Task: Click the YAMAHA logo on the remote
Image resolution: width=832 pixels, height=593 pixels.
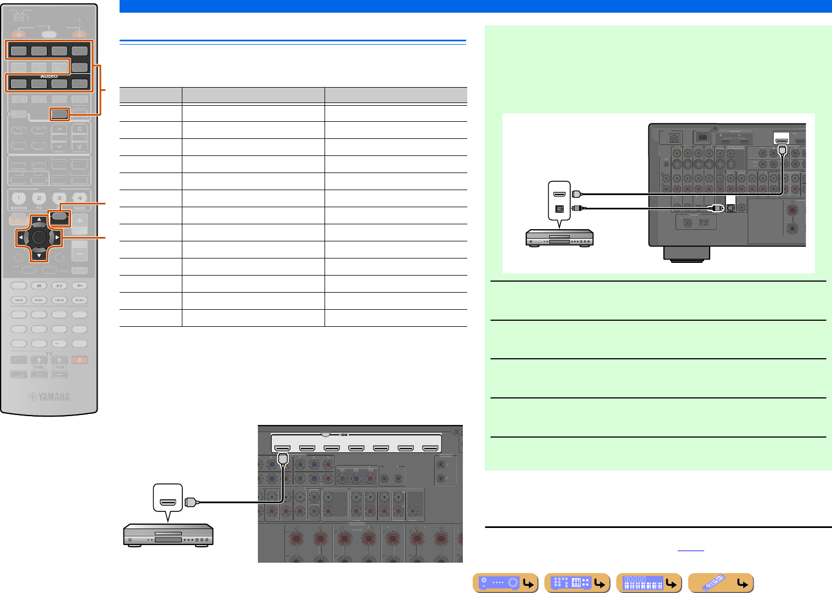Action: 49,397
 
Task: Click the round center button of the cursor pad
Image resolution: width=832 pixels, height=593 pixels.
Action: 39,238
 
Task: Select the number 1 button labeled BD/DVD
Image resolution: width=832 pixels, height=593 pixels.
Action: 18,198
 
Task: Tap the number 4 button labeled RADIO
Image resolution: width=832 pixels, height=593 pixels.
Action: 79,198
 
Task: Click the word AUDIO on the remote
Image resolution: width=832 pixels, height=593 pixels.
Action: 49,76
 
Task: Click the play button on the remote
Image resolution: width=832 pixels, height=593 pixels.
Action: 80,285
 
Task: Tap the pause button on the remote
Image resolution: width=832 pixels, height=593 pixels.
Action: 60,285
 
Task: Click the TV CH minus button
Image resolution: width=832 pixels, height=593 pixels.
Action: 59,375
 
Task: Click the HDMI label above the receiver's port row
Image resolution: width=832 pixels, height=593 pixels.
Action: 344,435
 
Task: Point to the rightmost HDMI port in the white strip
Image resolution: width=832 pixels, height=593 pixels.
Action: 430,449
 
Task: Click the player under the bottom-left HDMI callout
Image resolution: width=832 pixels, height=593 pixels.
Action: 168,535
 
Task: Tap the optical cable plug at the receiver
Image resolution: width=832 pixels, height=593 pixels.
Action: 715,208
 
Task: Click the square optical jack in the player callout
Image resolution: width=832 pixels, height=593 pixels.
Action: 559,209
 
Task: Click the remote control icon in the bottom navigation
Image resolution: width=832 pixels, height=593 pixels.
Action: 721,583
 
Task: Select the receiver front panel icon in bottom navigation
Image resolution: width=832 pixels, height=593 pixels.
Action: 505,583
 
